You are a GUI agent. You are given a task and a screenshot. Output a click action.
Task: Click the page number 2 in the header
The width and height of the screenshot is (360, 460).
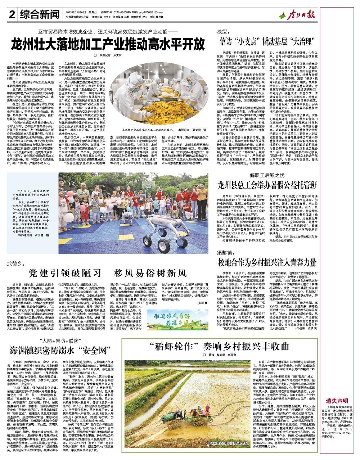tap(12, 14)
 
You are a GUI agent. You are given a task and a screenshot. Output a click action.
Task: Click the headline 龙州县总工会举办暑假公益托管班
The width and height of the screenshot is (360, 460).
tap(268, 185)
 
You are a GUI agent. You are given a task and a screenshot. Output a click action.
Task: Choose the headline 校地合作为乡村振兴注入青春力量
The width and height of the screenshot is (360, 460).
tap(268, 262)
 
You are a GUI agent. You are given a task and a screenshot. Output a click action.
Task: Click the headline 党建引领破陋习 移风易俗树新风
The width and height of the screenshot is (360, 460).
tap(108, 272)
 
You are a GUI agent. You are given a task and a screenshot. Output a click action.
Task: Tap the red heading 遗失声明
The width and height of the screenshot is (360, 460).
tap(337, 400)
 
